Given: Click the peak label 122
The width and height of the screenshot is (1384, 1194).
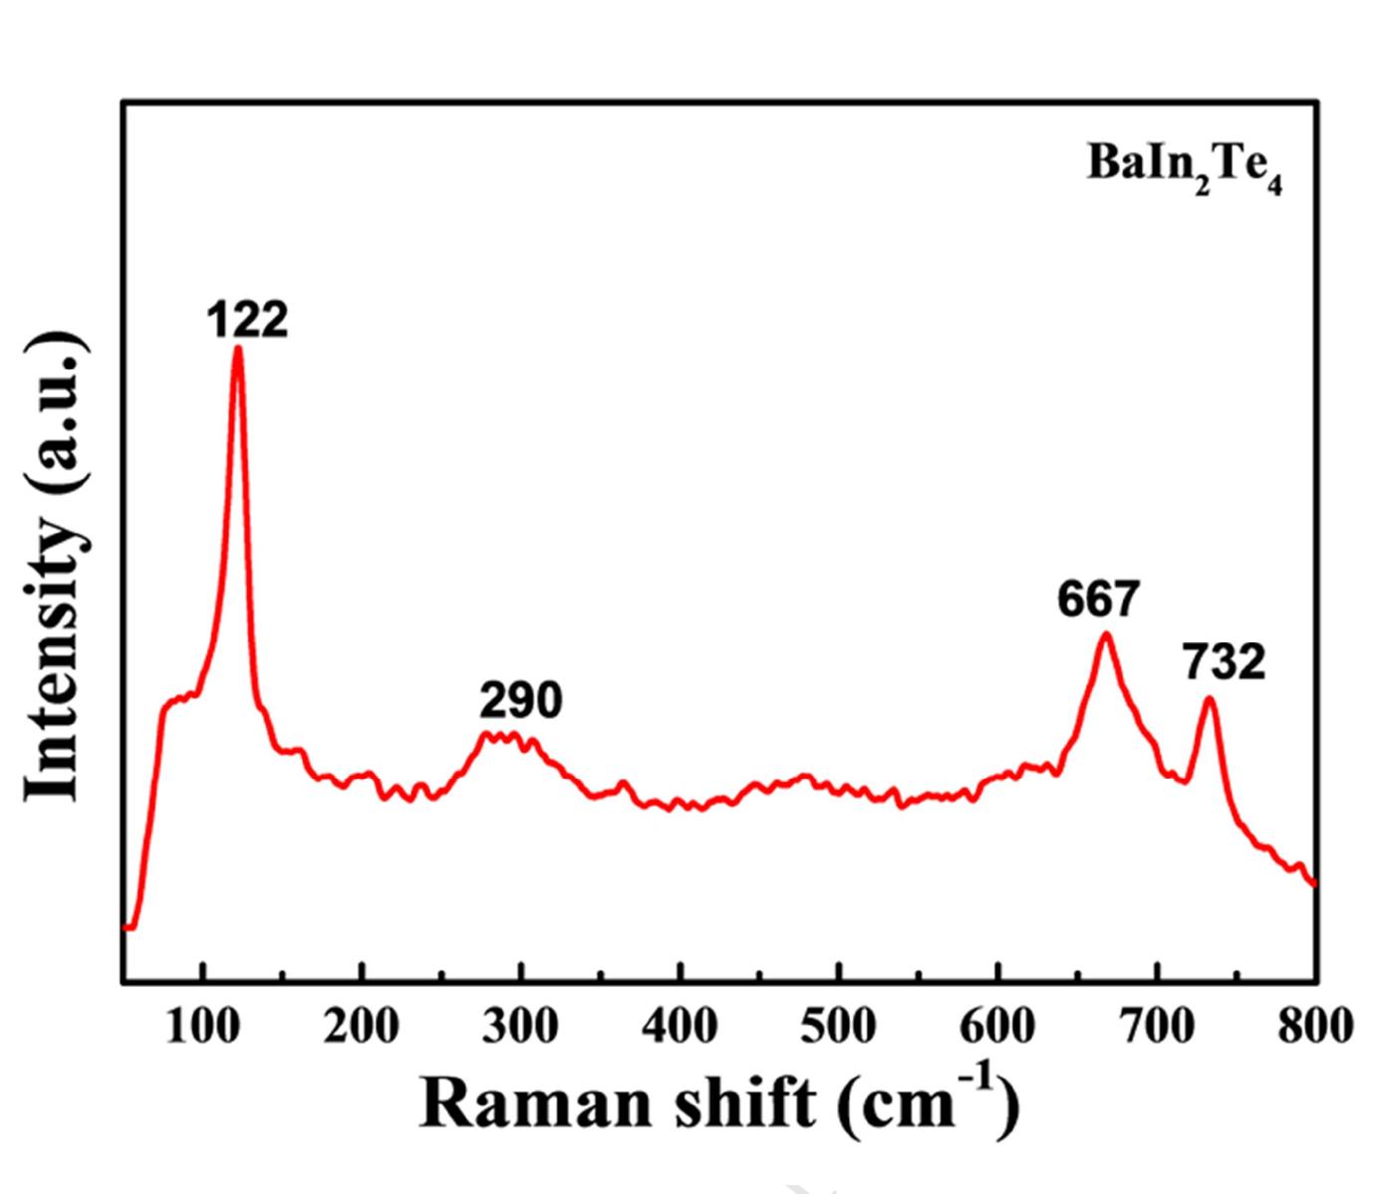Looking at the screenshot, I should (248, 321).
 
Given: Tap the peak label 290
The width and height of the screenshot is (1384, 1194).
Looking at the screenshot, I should (520, 701).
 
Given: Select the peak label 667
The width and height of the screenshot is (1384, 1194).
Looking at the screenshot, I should (1098, 599).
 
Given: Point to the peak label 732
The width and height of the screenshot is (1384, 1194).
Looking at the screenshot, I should (1225, 662).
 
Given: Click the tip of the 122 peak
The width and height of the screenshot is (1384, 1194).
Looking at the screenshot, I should (238, 348).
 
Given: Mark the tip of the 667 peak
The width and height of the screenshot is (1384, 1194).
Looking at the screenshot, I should (1104, 634).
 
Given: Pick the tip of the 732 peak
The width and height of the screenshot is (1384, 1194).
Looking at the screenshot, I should (1210, 698).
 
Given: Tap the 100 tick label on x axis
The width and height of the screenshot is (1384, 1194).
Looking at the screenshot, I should (202, 1026).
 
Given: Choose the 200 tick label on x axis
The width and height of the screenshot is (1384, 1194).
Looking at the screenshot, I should (362, 1026).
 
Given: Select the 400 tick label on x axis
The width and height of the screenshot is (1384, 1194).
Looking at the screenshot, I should (680, 1026).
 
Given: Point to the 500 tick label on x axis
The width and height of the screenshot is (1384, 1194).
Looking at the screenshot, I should (839, 1026).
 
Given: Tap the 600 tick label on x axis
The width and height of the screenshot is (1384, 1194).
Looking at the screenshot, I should (997, 1026).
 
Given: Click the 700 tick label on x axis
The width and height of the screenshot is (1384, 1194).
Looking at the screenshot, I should (1157, 1026).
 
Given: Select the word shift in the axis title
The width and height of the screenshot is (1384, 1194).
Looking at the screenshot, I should (745, 1104).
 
